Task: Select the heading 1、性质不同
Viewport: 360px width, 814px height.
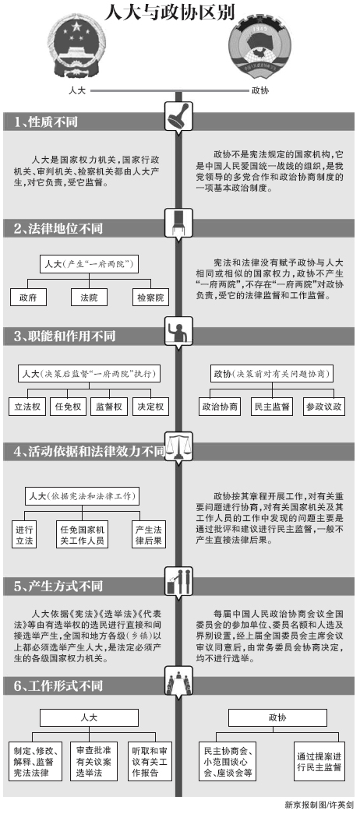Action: coord(46,122)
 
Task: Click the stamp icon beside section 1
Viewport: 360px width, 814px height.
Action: coord(178,117)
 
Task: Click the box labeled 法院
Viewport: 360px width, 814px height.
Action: coord(90,298)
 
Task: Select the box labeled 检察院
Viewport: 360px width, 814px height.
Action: coord(150,298)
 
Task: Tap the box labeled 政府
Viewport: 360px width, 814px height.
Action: coord(28,298)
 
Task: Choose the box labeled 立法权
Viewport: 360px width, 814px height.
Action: coord(27,407)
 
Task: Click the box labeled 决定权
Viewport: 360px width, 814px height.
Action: coord(150,407)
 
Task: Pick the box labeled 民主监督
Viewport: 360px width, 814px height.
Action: coord(270,407)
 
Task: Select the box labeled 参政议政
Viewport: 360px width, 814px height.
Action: coord(324,407)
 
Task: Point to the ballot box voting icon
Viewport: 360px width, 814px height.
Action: coord(178,580)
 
